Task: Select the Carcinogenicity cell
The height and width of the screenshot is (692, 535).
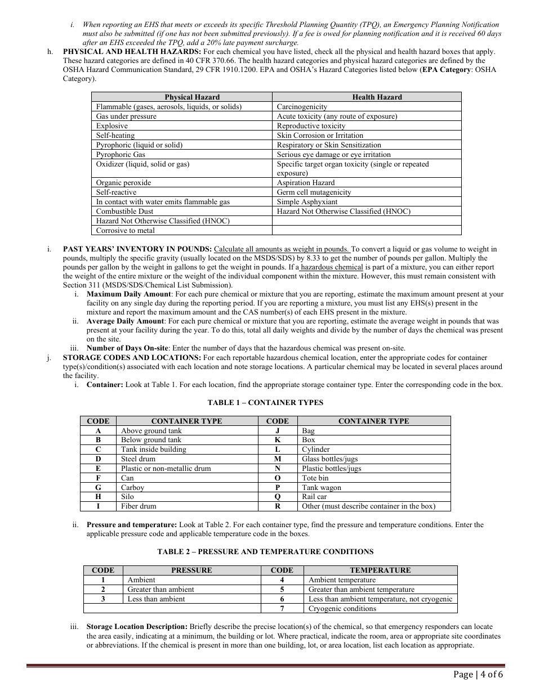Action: click(302, 107)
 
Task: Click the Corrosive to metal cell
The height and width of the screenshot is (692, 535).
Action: click(125, 231)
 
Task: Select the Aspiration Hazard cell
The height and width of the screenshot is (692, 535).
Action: click(305, 183)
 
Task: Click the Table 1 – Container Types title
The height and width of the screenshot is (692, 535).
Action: click(265, 402)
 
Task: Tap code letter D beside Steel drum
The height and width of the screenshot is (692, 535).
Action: click(99, 459)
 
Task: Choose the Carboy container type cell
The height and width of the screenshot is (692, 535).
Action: click(132, 488)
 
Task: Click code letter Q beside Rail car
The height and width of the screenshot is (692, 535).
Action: click(277, 497)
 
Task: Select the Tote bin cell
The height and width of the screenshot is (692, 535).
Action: click(315, 478)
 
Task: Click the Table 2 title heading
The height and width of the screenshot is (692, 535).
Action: click(265, 552)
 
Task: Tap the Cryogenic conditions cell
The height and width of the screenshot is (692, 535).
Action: click(342, 609)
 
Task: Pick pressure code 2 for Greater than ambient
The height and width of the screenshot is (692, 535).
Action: click(103, 590)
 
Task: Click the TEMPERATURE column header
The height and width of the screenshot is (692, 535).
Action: click(380, 570)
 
